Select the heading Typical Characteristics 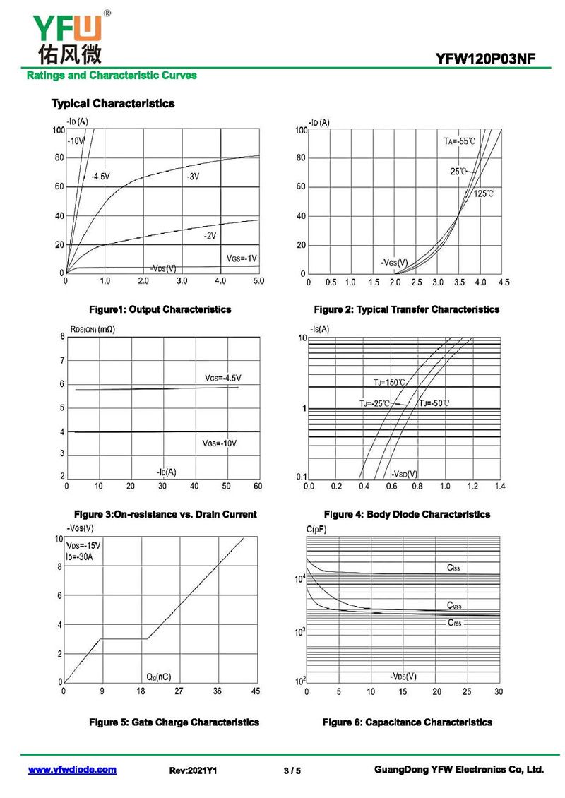pyautogui.click(x=113, y=104)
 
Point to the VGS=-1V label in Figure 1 pyautogui.click(x=242, y=257)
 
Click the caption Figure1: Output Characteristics pyautogui.click(x=160, y=309)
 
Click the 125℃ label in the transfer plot pyautogui.click(x=484, y=193)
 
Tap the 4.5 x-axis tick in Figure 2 pyautogui.click(x=504, y=282)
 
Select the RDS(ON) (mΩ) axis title pyautogui.click(x=93, y=329)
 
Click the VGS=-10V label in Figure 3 pyautogui.click(x=220, y=443)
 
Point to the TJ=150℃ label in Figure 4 pyautogui.click(x=390, y=382)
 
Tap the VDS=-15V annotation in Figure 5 pyautogui.click(x=84, y=546)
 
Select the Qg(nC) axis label pyautogui.click(x=158, y=677)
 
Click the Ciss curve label pyautogui.click(x=453, y=568)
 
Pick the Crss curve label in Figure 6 pyautogui.click(x=454, y=622)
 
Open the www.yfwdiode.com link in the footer pyautogui.click(x=72, y=770)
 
